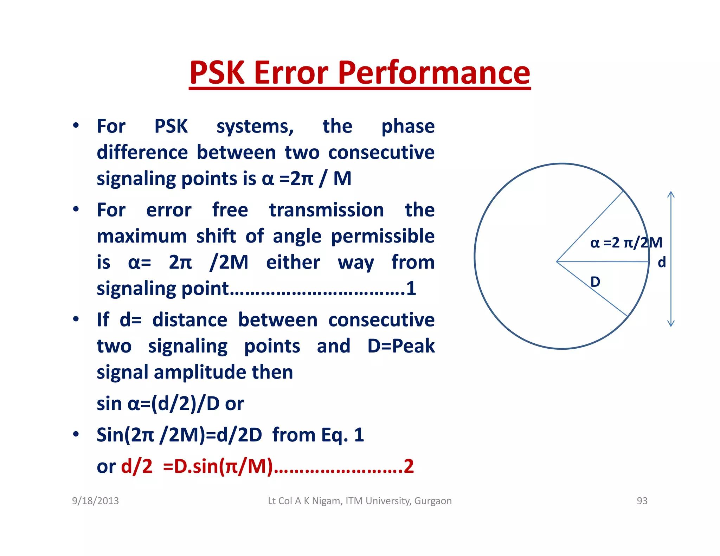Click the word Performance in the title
434,73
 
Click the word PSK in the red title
217,73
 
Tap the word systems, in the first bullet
255,127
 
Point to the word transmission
326,210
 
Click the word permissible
382,236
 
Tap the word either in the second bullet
293,263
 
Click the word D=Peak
401,346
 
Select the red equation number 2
409,467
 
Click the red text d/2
137,467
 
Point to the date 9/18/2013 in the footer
95,501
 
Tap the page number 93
642,501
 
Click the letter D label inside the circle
595,282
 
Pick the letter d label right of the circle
662,262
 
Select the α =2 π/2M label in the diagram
626,243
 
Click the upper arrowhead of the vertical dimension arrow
671,193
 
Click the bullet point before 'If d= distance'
76,319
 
